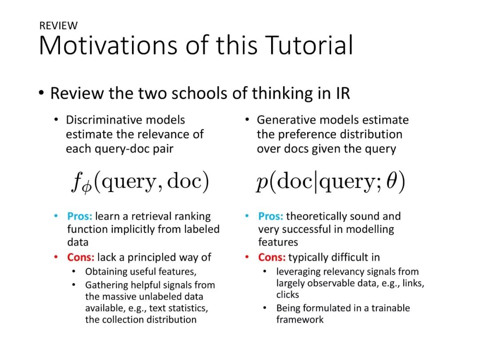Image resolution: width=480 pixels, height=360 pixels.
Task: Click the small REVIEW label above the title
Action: [59, 25]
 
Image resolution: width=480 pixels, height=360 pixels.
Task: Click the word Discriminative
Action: [106, 120]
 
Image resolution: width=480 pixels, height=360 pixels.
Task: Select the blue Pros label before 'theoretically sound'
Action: [271, 216]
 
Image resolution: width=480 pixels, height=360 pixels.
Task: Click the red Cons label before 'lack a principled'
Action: [81, 257]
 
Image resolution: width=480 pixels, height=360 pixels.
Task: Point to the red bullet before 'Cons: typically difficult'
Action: [247, 257]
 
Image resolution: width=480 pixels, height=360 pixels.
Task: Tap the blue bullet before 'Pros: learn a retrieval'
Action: [56, 216]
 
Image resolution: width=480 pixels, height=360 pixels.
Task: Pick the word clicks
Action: [288, 295]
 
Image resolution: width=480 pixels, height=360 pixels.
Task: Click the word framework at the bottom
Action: [300, 320]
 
